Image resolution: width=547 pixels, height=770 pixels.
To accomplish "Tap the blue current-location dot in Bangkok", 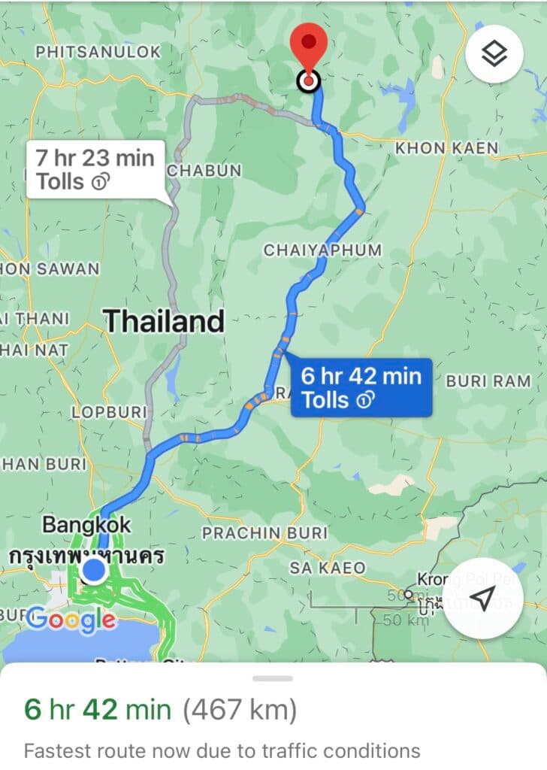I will point(94,571).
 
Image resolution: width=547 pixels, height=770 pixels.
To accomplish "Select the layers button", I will point(494,54).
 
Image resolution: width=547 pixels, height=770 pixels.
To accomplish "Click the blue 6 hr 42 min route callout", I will point(361,387).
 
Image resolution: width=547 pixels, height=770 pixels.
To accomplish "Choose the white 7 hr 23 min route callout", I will point(95,168).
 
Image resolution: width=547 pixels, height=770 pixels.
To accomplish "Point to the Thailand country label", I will point(164,321).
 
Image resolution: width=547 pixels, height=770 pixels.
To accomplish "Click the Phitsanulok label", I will point(98,52).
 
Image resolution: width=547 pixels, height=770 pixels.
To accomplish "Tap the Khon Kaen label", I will point(446,148).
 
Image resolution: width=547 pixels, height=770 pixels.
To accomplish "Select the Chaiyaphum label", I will point(322,250).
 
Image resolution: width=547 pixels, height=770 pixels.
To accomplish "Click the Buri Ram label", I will point(488,381).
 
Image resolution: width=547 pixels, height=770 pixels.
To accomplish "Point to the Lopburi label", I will point(109,412).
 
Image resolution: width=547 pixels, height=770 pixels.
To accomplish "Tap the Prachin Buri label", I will point(264,533).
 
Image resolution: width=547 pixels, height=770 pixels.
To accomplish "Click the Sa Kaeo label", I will point(328,568).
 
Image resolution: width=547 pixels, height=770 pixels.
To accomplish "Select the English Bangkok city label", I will point(86,524).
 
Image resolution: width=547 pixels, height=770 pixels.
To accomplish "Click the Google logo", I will point(71,620).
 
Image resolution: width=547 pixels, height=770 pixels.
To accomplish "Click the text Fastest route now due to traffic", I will point(222,750).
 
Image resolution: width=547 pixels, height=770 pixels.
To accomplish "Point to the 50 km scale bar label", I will point(396,620).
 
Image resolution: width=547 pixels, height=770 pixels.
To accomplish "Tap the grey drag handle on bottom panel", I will point(273,678).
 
